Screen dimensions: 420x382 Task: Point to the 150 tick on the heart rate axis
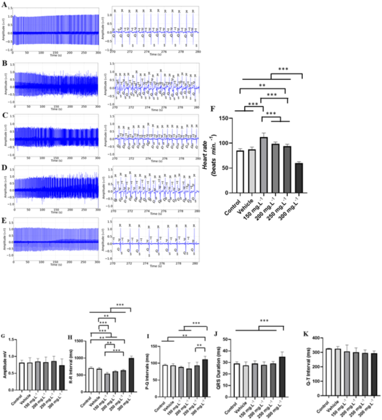[227, 118]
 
